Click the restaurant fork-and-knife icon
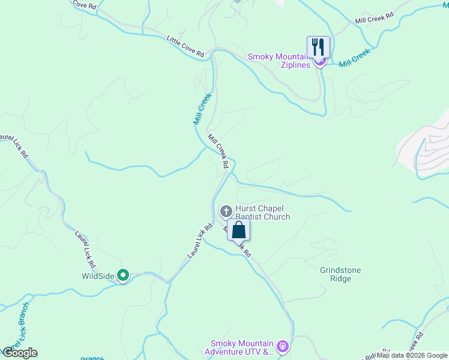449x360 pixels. coord(318,46)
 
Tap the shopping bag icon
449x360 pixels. coord(238,229)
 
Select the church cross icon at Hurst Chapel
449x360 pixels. coord(226,211)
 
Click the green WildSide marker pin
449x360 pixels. coord(123,275)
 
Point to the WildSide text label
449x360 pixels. coord(98,276)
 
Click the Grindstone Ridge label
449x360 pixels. coord(340,274)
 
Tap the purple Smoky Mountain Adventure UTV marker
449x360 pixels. coord(283,346)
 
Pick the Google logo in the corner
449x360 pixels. coord(20,353)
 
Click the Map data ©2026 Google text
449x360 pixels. coord(412,355)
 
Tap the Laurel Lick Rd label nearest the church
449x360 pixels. coord(200,241)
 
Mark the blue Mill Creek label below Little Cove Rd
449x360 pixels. coord(202,108)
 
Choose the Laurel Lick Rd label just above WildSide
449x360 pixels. coord(85,249)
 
